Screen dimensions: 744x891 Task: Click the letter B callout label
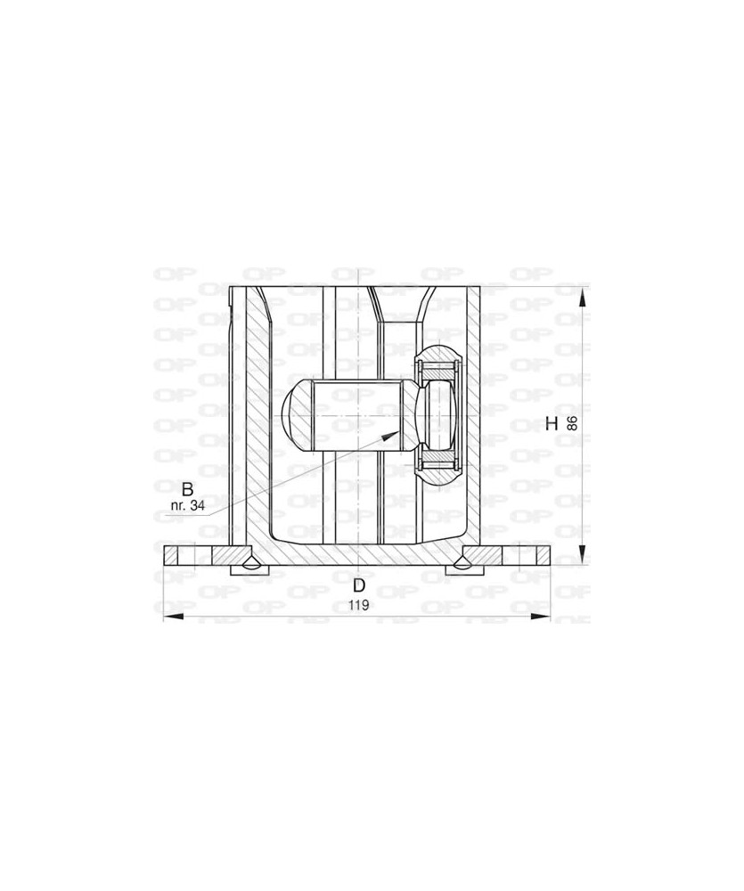pos(188,488)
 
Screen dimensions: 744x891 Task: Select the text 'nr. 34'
pos(188,506)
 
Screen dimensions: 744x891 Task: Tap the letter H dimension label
pos(552,423)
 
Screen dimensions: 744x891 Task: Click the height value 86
pos(572,423)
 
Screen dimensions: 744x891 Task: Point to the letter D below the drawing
pos(359,585)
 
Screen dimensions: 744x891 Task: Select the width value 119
pos(359,605)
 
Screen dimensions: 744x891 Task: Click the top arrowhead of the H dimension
pos(582,297)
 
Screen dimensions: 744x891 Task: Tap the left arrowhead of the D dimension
pos(174,617)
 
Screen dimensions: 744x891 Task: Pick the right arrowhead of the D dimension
pos(540,617)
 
